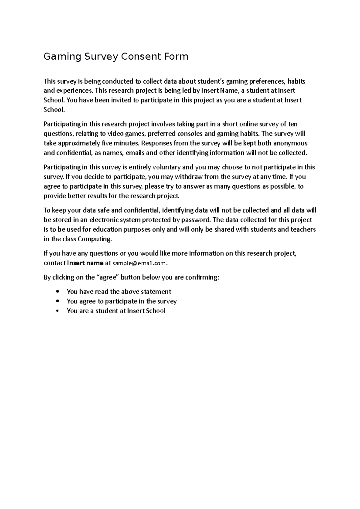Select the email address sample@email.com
click(x=139, y=263)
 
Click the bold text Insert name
click(x=85, y=263)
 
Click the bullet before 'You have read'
click(x=57, y=292)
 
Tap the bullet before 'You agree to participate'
click(x=57, y=301)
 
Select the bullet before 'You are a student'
click(x=57, y=311)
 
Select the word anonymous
click(x=290, y=143)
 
